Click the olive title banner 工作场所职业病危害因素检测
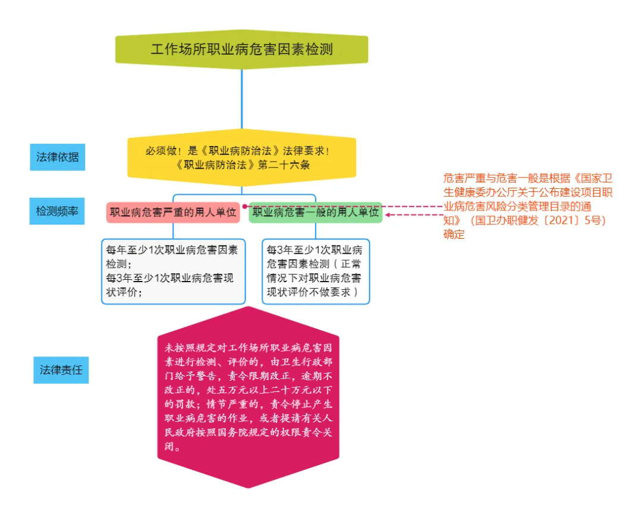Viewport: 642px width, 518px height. tap(241, 49)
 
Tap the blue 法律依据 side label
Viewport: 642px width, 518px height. tap(58, 157)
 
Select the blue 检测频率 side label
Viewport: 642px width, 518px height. tap(57, 211)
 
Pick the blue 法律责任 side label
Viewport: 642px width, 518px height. tap(61, 370)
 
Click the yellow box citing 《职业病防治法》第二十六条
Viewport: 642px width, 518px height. tap(241, 158)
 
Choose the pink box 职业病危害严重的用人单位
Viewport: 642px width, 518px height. tap(173, 212)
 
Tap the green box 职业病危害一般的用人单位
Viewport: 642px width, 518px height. tap(315, 212)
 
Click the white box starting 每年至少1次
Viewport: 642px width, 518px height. tap(173, 271)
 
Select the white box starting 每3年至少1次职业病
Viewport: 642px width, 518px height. tap(315, 271)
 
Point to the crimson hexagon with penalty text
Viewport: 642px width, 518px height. tap(248, 398)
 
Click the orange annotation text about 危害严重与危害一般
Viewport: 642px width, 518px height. tap(528, 206)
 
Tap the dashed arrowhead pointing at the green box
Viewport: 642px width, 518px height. tap(388, 215)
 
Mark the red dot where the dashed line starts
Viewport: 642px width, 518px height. tap(244, 206)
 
